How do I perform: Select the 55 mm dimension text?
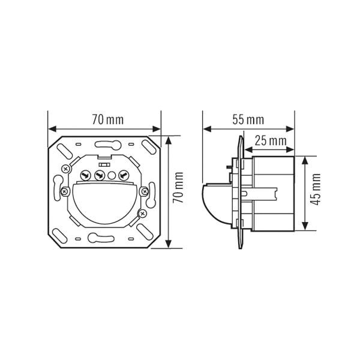tap(248, 119)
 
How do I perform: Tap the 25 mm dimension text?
tap(269, 140)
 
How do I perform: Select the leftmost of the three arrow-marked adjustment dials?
tap(85, 176)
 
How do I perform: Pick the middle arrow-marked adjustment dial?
tap(98, 176)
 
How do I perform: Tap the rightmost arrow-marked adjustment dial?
tap(124, 176)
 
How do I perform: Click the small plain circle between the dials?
tap(111, 176)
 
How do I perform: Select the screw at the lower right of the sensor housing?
tap(142, 212)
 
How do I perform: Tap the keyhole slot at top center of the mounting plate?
tap(106, 143)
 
